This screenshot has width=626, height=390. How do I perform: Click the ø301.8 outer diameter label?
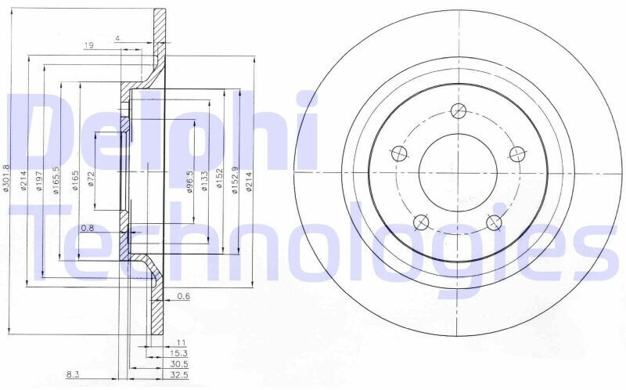click(6, 179)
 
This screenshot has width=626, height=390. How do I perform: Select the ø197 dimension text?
click(39, 181)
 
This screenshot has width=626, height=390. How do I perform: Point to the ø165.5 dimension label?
click(56, 181)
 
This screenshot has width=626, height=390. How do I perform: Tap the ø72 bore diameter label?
click(91, 179)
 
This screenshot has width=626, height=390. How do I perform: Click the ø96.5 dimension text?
click(190, 181)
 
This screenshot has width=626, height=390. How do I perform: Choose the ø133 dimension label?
click(204, 181)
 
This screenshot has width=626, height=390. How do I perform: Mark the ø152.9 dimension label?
click(235, 180)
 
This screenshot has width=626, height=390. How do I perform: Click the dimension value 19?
click(88, 45)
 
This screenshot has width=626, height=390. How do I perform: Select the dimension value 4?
click(117, 38)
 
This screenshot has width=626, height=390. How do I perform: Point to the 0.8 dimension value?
click(87, 228)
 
